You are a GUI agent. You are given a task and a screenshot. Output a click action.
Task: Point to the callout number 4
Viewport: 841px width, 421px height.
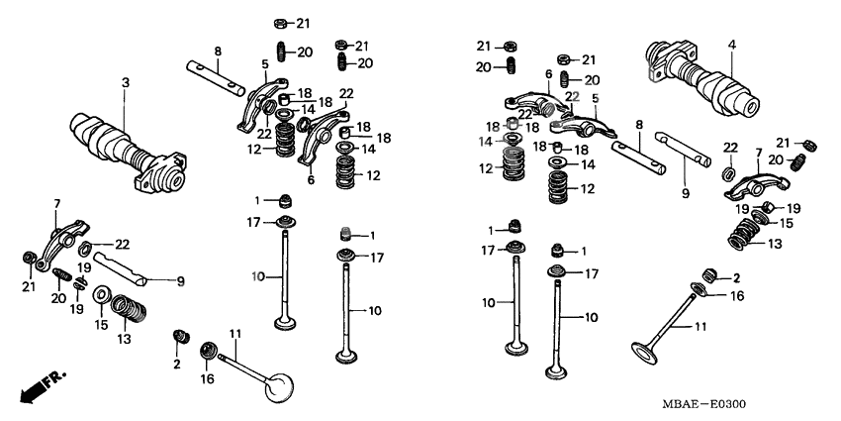pyautogui.click(x=732, y=44)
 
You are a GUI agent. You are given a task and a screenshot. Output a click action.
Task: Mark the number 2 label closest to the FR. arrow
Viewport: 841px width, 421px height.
pyautogui.click(x=177, y=365)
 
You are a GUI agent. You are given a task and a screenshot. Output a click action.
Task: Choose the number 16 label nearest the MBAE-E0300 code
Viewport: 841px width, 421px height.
pyautogui.click(x=738, y=295)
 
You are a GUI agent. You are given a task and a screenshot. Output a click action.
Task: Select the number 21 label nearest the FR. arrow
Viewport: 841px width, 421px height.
pyautogui.click(x=29, y=286)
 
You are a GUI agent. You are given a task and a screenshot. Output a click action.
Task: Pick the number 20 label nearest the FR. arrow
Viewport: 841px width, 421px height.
pyautogui.click(x=58, y=298)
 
